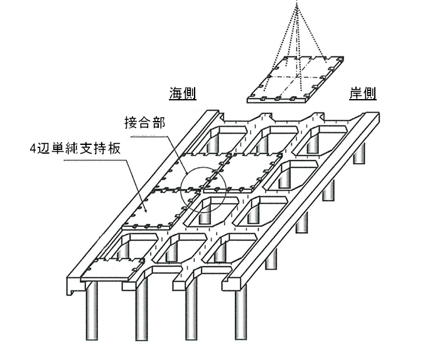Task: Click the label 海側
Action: pyautogui.click(x=182, y=93)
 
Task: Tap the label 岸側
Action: pyautogui.click(x=363, y=93)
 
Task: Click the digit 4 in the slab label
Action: pyautogui.click(x=33, y=149)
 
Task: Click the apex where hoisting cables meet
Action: pyautogui.click(x=298, y=5)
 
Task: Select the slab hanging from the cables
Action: pyautogui.click(x=296, y=79)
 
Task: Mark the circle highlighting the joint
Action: pyautogui.click(x=203, y=189)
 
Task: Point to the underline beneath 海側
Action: pyautogui.click(x=182, y=101)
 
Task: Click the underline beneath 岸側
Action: pyautogui.click(x=363, y=101)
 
